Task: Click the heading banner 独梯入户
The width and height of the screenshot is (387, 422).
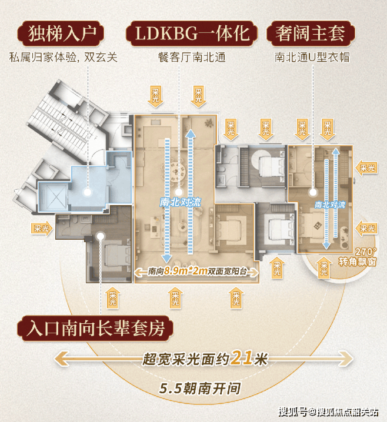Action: (61, 34)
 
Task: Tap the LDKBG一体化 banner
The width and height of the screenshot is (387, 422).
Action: (192, 34)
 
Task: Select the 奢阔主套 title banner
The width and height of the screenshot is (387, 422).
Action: (311, 34)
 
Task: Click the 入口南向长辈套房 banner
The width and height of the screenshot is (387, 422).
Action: (95, 329)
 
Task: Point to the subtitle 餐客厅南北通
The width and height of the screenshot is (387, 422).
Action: (192, 58)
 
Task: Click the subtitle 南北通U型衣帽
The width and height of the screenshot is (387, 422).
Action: (312, 58)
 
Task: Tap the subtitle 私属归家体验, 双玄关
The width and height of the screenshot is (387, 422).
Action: (64, 58)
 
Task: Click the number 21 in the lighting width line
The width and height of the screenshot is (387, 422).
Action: (243, 358)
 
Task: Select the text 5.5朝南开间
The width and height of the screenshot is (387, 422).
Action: (199, 388)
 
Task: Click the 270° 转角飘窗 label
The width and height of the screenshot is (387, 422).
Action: (358, 256)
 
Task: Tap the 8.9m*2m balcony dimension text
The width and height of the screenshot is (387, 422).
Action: (185, 271)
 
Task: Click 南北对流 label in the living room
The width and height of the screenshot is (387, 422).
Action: (180, 202)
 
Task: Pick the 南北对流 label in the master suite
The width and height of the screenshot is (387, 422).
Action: (330, 205)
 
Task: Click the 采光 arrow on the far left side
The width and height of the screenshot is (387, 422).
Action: (42, 229)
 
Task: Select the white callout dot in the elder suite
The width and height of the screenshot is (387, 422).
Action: (101, 236)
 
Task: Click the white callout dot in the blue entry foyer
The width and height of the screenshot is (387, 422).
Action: (87, 192)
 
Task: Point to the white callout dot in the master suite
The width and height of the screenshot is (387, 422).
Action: (313, 192)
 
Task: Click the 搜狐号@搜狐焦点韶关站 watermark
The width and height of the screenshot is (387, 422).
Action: (329, 412)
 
